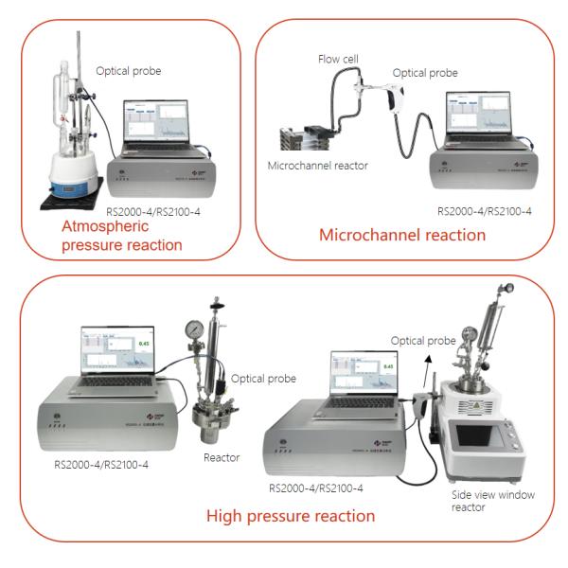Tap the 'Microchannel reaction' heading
click(402, 234)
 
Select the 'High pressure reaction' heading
click(291, 516)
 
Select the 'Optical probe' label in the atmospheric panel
click(131, 70)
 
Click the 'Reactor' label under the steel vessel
click(220, 457)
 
